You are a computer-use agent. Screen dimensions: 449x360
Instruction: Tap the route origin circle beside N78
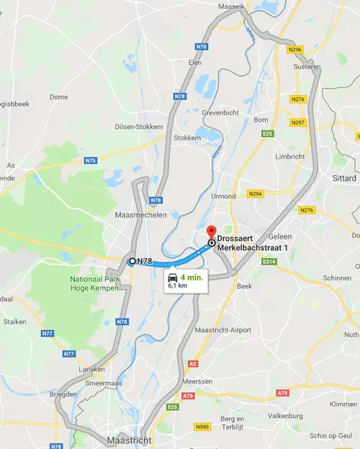(132, 261)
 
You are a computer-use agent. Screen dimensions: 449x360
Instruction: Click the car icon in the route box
(173, 277)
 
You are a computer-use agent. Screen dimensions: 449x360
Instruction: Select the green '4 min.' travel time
(192, 277)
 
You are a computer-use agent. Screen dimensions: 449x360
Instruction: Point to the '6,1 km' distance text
(177, 286)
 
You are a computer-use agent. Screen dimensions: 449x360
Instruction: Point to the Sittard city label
(344, 177)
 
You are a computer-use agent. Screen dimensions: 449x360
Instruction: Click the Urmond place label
(224, 196)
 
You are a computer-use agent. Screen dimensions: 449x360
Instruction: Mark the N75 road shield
(90, 161)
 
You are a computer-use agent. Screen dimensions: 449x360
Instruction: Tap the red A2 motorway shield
(193, 364)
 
